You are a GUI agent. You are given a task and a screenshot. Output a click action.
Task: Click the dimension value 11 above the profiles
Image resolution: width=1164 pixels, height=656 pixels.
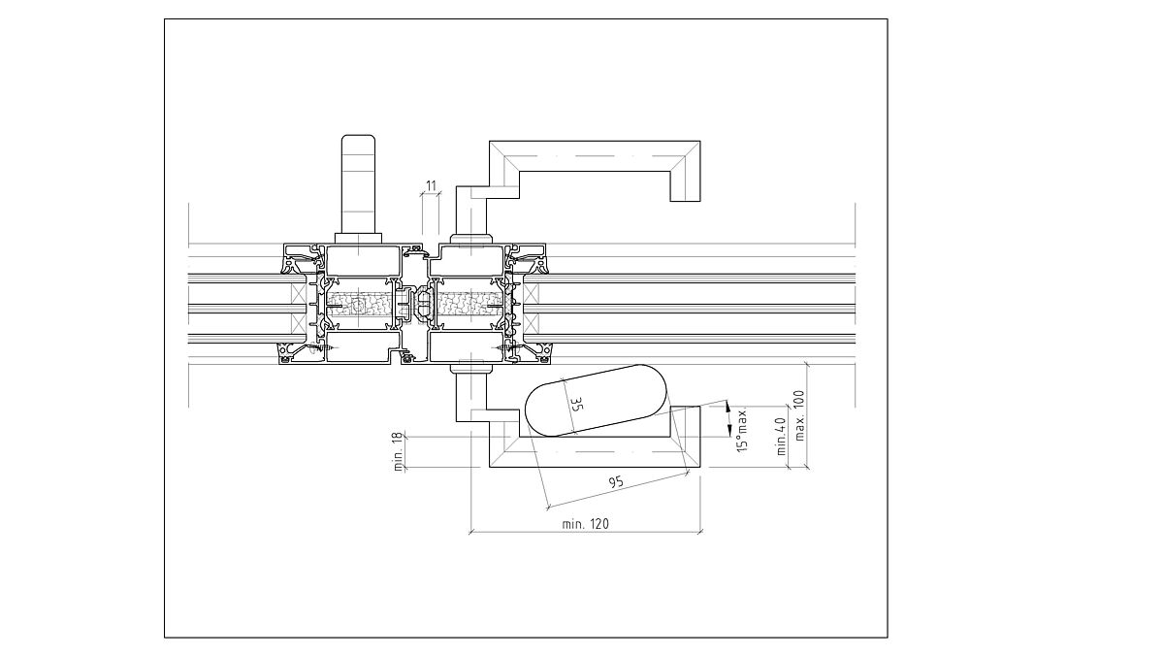(x=432, y=184)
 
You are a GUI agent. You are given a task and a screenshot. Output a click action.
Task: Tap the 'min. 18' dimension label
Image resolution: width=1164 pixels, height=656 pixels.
(x=398, y=452)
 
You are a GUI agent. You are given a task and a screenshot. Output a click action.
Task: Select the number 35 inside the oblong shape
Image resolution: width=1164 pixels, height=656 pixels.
(x=575, y=405)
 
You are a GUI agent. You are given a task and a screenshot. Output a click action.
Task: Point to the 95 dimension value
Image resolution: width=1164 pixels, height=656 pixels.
(x=614, y=482)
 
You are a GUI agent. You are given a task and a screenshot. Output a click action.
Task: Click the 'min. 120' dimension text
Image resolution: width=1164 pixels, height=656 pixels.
(x=586, y=524)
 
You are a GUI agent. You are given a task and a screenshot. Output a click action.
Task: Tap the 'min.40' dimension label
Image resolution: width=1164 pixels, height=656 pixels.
(x=781, y=434)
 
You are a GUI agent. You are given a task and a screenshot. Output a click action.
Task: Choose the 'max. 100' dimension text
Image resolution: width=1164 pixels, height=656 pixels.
(x=799, y=414)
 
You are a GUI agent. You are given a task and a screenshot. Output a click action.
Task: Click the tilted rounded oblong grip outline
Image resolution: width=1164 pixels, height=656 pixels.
(x=595, y=400)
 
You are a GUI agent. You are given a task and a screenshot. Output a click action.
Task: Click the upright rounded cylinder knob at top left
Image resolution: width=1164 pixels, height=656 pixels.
(x=359, y=184)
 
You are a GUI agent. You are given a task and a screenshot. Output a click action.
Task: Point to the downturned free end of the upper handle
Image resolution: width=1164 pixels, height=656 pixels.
(x=685, y=188)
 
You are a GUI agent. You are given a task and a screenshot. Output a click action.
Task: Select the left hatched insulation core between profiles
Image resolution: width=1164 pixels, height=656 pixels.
(x=360, y=305)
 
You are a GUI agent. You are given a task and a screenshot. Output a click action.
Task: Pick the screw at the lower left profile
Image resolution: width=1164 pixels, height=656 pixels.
(x=329, y=343)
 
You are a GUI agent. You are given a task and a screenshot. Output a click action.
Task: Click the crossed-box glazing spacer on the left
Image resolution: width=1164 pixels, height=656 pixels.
(x=298, y=305)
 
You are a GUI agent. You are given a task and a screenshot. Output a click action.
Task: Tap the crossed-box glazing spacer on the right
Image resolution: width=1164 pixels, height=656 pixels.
(x=531, y=305)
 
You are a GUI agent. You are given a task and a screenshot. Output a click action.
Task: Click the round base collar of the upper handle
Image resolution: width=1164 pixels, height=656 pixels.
(x=471, y=239)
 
